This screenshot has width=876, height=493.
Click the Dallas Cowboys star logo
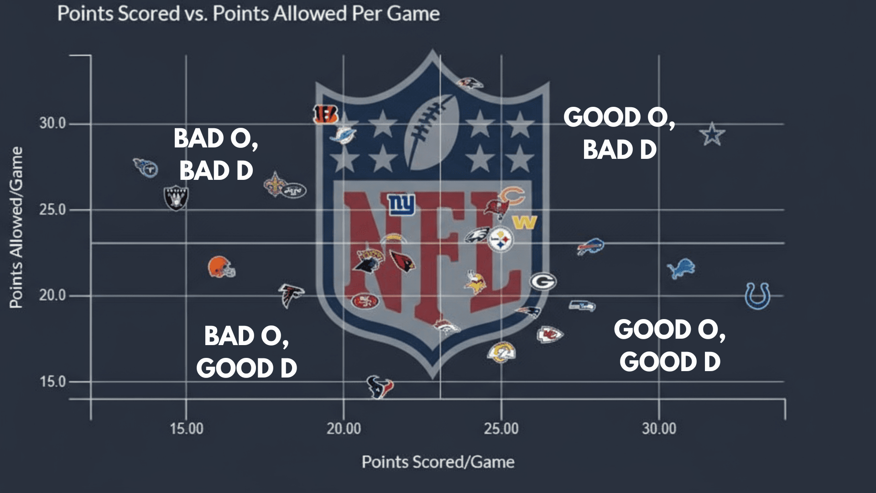pos(712,134)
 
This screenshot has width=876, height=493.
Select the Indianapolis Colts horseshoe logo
pos(757,296)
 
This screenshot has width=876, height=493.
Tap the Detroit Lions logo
pos(681,268)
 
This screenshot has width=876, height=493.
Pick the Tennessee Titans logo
pos(146,168)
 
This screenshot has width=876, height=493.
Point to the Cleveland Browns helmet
pos(221,267)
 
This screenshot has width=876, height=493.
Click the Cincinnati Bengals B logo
pos(325,114)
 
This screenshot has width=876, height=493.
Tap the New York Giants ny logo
pos(401,204)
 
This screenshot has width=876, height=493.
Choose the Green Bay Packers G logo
pos(543,281)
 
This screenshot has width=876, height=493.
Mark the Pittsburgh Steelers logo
pos(501,240)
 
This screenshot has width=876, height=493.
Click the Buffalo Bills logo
pos(591,246)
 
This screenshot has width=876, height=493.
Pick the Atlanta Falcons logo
pos(291,295)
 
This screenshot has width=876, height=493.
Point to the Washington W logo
pos(525,223)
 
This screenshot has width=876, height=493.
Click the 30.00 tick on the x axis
pos(659,429)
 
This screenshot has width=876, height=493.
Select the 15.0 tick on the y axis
pos(52,382)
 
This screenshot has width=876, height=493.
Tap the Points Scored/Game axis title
pos(438,462)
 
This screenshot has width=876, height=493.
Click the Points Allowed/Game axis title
pos(16,227)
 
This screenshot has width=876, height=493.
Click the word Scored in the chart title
pos(149,14)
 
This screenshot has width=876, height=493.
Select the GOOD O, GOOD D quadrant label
pos(669,346)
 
